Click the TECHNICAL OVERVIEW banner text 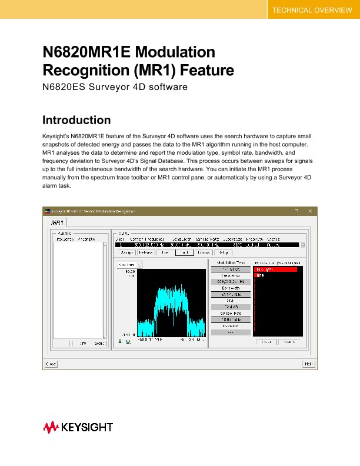pyautogui.click(x=311, y=11)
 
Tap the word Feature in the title pyautogui.click(x=203, y=71)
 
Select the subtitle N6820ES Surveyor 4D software pyautogui.click(x=115, y=88)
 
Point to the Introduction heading pyautogui.click(x=76, y=121)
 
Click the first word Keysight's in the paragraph pyautogui.click(x=58, y=136)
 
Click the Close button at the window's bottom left pyautogui.click(x=51, y=364)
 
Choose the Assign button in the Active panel pyautogui.click(x=125, y=252)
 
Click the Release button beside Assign pyautogui.click(x=145, y=252)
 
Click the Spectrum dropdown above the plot pyautogui.click(x=129, y=264)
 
